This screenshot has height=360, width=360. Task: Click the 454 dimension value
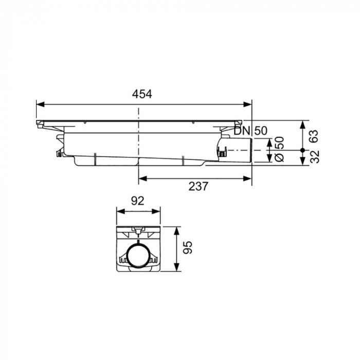coord(142,94)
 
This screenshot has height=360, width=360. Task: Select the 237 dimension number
coord(199,186)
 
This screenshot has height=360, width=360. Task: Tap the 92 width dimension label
coord(138,201)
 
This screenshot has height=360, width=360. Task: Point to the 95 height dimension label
coord(187,247)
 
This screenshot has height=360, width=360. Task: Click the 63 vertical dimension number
coord(314,136)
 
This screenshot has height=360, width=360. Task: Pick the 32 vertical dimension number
coord(315,156)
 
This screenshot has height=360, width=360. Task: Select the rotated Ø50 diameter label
coord(279,149)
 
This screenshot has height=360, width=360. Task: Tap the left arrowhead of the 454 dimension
coord(41,104)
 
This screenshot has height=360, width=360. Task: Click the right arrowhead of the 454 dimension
coord(248,104)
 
